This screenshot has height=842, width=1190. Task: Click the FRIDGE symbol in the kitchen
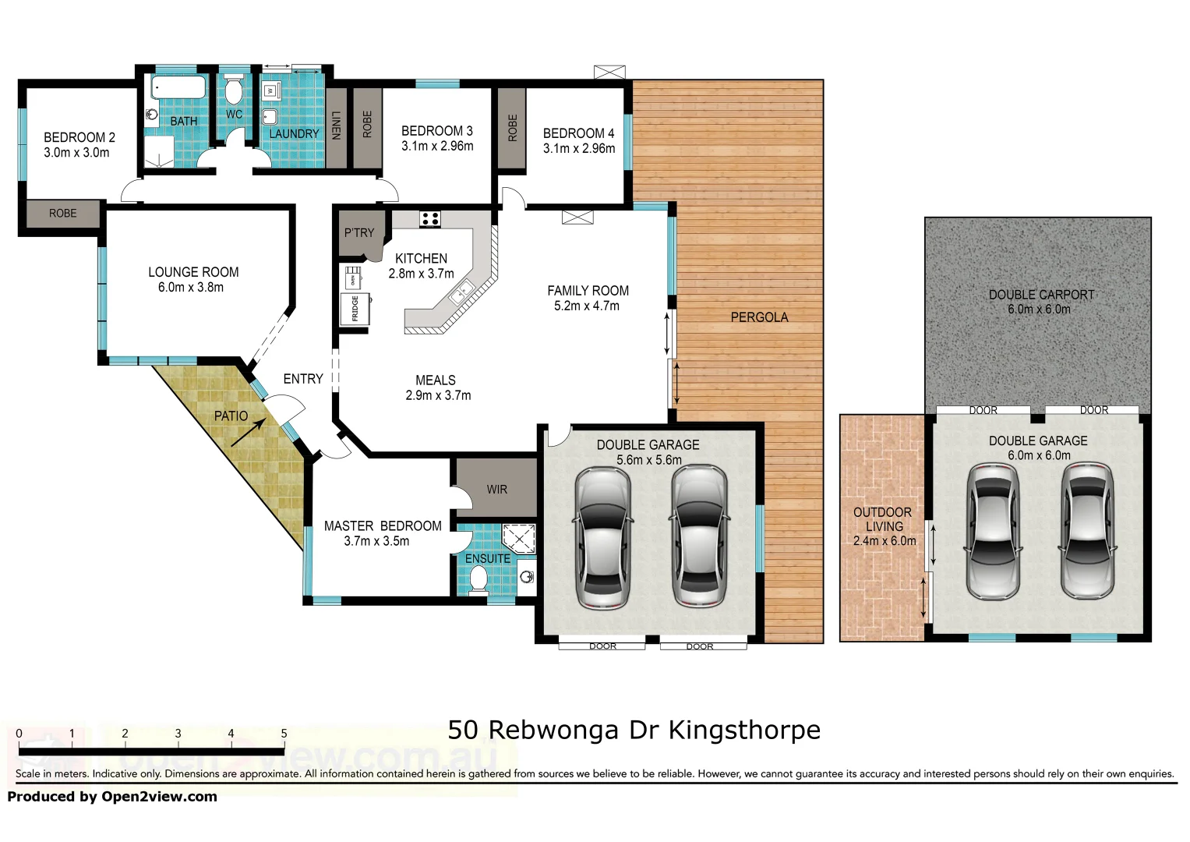coord(355,309)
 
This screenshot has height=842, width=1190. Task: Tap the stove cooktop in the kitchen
coord(430,219)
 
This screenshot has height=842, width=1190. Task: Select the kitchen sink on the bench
coord(461,293)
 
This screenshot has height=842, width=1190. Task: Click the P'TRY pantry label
coord(359,232)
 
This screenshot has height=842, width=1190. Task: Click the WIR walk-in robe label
coord(496,490)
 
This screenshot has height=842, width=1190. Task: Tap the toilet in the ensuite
coord(478,580)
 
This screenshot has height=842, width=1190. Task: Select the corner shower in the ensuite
coord(519,539)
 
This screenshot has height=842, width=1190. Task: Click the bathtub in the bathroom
coord(178,88)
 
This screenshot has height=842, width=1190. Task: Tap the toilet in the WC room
coord(234,90)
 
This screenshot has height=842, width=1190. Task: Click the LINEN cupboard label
coord(336,125)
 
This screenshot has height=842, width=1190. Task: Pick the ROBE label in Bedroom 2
coord(63,214)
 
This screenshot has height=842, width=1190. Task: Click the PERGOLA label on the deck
coord(759,317)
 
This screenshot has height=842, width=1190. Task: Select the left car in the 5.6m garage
coord(602,538)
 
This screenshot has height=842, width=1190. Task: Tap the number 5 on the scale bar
coord(284,734)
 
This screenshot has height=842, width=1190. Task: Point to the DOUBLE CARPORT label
coord(1041,295)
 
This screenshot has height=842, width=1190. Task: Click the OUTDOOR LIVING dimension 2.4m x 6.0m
coord(885,541)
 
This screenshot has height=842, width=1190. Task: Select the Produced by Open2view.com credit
coord(112,797)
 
